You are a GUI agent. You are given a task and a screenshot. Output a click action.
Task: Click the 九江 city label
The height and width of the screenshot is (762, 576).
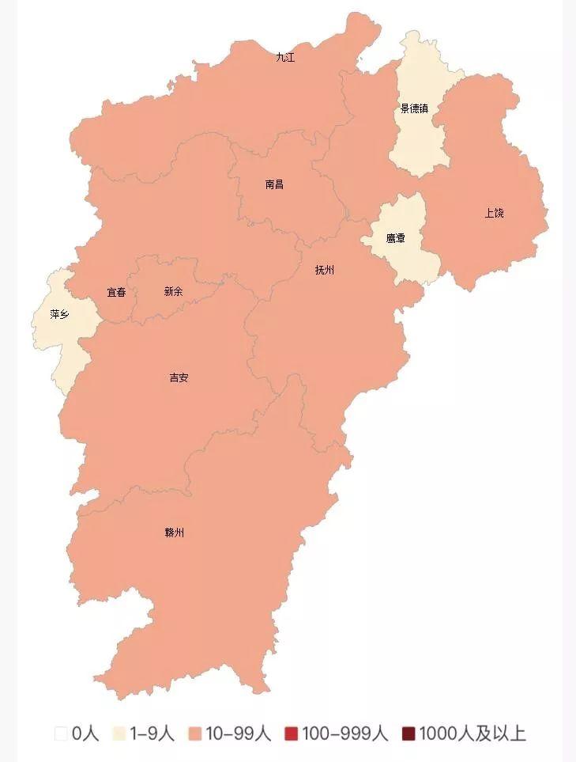pyautogui.click(x=285, y=58)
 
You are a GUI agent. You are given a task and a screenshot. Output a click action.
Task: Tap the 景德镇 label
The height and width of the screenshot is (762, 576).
pyautogui.click(x=414, y=108)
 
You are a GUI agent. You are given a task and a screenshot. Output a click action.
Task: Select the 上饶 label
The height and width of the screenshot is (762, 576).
pyautogui.click(x=494, y=213)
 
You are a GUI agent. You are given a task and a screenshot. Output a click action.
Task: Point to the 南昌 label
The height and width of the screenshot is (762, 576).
pyautogui.click(x=274, y=184)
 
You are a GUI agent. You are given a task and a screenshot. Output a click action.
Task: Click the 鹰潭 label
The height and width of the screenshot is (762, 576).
pyautogui.click(x=396, y=238)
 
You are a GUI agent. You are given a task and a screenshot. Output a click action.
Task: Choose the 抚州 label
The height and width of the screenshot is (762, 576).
pyautogui.click(x=325, y=270)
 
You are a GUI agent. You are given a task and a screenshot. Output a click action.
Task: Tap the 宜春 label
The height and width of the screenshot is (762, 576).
pyautogui.click(x=116, y=292)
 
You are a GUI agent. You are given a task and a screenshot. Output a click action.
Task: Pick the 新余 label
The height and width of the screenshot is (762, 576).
pyautogui.click(x=173, y=291)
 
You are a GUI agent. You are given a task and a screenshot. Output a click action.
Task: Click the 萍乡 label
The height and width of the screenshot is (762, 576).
pyautogui.click(x=59, y=314)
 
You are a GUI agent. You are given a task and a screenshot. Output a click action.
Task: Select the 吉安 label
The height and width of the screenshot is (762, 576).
pyautogui.click(x=179, y=377)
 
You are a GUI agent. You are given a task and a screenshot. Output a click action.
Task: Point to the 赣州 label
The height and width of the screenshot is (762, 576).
pyautogui.click(x=175, y=533)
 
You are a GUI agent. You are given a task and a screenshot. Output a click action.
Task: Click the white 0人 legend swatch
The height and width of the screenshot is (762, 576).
pyautogui.click(x=61, y=734)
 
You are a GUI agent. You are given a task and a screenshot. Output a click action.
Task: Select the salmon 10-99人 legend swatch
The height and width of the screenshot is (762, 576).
pyautogui.click(x=195, y=734)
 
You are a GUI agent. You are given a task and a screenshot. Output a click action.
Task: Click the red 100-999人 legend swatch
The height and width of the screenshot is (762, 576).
pyautogui.click(x=291, y=734)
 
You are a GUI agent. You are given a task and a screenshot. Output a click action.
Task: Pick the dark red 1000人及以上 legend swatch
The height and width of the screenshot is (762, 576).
pyautogui.click(x=408, y=734)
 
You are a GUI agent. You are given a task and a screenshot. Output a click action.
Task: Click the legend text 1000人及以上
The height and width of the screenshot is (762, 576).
pyautogui.click(x=472, y=734)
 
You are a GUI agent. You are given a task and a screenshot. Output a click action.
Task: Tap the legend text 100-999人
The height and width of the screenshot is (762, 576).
pyautogui.click(x=344, y=734)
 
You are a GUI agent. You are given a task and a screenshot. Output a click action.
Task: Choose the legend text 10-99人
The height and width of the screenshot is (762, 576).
pyautogui.click(x=238, y=734)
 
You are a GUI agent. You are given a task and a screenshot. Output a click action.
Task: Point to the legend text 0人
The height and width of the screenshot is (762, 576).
pyautogui.click(x=85, y=734)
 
